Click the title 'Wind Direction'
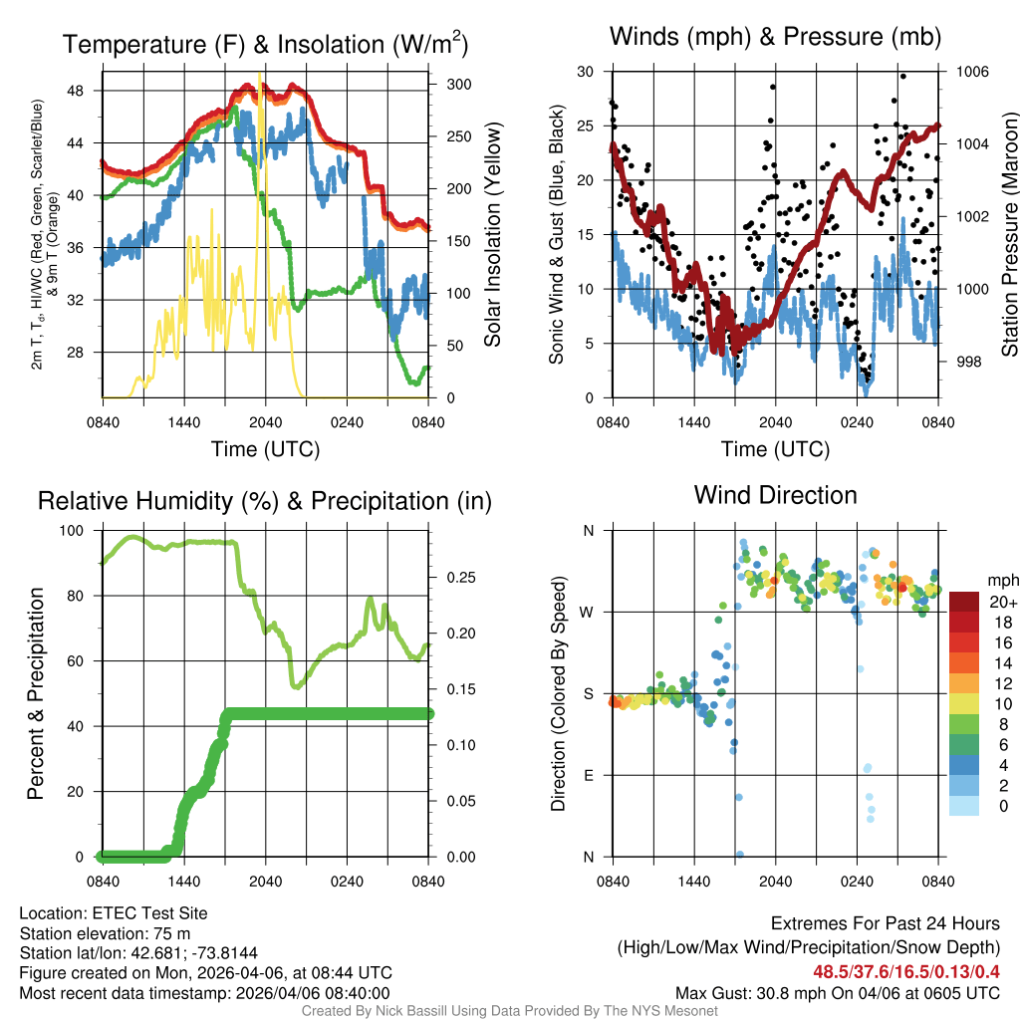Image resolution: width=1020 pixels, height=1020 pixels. [x=775, y=495]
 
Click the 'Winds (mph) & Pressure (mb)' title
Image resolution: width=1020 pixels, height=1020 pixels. [x=775, y=38]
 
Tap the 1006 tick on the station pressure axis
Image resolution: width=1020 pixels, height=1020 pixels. [x=971, y=72]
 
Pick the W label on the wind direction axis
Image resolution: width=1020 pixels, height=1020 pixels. [x=587, y=612]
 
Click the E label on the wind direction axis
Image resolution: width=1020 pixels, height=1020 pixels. [x=589, y=775]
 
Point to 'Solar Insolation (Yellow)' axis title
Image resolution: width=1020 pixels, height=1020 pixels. [x=492, y=235]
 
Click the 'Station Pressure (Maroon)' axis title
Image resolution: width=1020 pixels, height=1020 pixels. [x=1008, y=235]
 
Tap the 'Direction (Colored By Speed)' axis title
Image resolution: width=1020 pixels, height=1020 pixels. [x=558, y=693]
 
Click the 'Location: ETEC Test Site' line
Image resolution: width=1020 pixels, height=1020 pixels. [x=113, y=912]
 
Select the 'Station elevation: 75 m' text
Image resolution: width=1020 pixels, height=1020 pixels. [x=105, y=933]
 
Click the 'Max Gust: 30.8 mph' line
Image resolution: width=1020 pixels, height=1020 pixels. [x=837, y=992]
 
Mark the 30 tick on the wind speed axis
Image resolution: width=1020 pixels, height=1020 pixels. [x=585, y=72]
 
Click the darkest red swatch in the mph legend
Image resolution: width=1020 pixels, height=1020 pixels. [x=964, y=602]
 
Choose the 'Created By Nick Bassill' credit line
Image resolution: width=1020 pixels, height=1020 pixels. [x=509, y=1011]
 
